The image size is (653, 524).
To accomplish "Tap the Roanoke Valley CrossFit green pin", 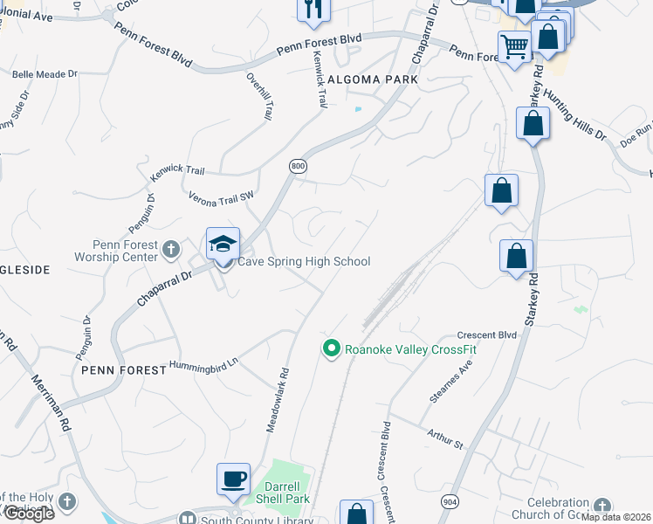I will [x=331, y=349].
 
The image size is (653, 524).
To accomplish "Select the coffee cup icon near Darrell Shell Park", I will [x=233, y=479].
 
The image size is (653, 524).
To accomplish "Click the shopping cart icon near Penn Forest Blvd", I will [x=514, y=46].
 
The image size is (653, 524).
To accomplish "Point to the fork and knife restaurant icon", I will [x=313, y=9].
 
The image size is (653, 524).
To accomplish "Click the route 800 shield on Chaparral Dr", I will [x=298, y=165].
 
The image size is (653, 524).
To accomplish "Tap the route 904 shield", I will [x=450, y=502].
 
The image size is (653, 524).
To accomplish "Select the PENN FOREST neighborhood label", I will [x=123, y=370].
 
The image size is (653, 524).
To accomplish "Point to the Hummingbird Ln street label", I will [x=203, y=364].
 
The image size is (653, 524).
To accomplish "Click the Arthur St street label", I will [x=445, y=438].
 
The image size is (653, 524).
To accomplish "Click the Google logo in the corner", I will [x=28, y=514].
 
